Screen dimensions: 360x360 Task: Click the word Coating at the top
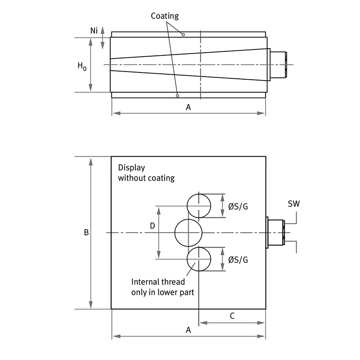click(165, 16)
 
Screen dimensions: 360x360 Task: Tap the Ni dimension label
click(94, 31)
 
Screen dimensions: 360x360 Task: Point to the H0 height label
click(81, 66)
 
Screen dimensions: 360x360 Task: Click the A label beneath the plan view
click(189, 330)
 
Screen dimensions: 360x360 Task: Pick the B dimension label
click(86, 233)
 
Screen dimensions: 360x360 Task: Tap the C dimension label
click(232, 316)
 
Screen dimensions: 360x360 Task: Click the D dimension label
click(152, 226)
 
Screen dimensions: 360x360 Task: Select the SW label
click(293, 204)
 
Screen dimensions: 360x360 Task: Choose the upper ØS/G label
click(238, 207)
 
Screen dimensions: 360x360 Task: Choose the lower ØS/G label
click(238, 260)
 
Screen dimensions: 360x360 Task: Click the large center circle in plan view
click(188, 233)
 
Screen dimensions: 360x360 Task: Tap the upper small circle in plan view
click(198, 206)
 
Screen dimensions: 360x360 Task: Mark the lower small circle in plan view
click(198, 260)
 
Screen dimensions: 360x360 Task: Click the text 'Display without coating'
click(146, 173)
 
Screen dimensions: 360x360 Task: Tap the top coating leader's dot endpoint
click(184, 34)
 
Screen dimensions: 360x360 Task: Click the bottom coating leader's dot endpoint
click(178, 95)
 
